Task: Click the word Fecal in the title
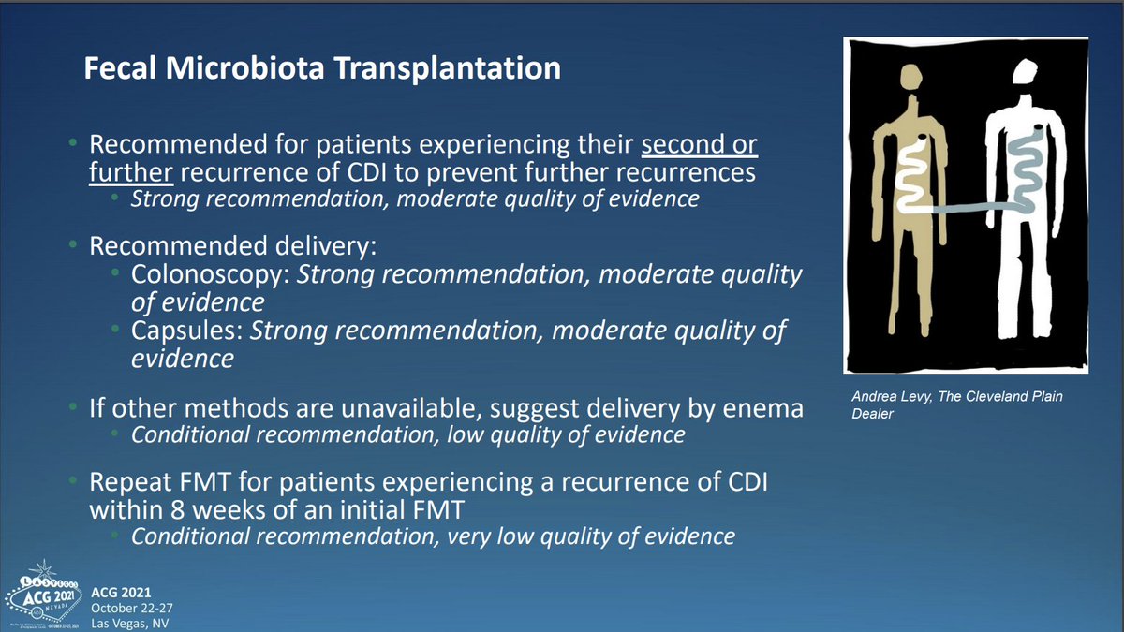click(120, 67)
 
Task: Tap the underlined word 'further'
click(131, 172)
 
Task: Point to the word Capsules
click(187, 331)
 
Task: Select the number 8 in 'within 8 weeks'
click(177, 510)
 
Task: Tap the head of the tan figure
click(910, 77)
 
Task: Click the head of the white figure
click(1025, 72)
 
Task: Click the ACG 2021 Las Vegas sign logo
click(43, 595)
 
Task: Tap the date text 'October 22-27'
click(132, 608)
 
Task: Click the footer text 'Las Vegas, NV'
click(130, 624)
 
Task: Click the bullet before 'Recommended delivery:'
click(73, 244)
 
